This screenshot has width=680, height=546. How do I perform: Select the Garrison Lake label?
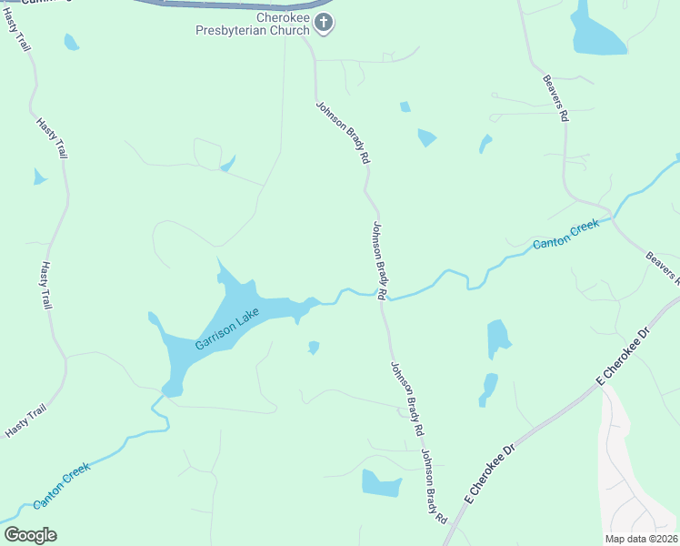pyautogui.click(x=226, y=329)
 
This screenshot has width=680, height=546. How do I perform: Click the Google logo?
pyautogui.click(x=30, y=534)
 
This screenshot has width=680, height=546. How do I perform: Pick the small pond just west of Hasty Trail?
pyautogui.click(x=39, y=177)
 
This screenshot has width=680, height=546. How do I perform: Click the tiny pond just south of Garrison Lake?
pyautogui.click(x=314, y=348)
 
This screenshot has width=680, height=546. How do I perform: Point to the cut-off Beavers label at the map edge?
pyautogui.click(x=663, y=266)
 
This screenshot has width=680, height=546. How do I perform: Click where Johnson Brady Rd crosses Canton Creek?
pyautogui.click(x=383, y=297)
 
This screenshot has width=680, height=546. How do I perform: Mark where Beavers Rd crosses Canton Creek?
pyautogui.click(x=613, y=218)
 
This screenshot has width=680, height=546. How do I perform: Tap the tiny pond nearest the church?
pyautogui.click(x=405, y=106)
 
